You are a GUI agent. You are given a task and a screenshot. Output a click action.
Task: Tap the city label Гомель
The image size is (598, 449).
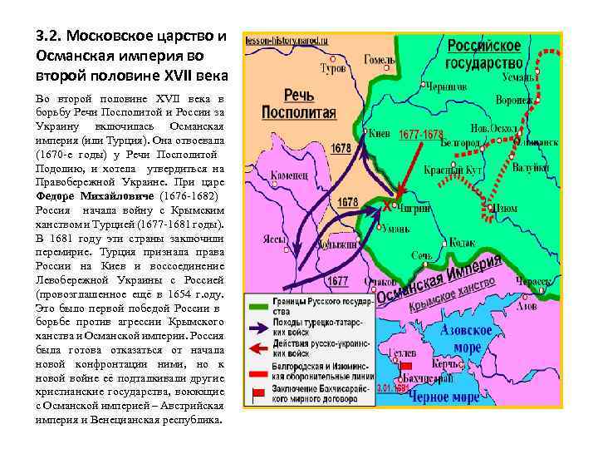380,60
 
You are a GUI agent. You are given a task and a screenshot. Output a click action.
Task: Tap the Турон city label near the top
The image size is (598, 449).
332,72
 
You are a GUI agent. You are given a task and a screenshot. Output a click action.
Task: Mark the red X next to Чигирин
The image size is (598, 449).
386,204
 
